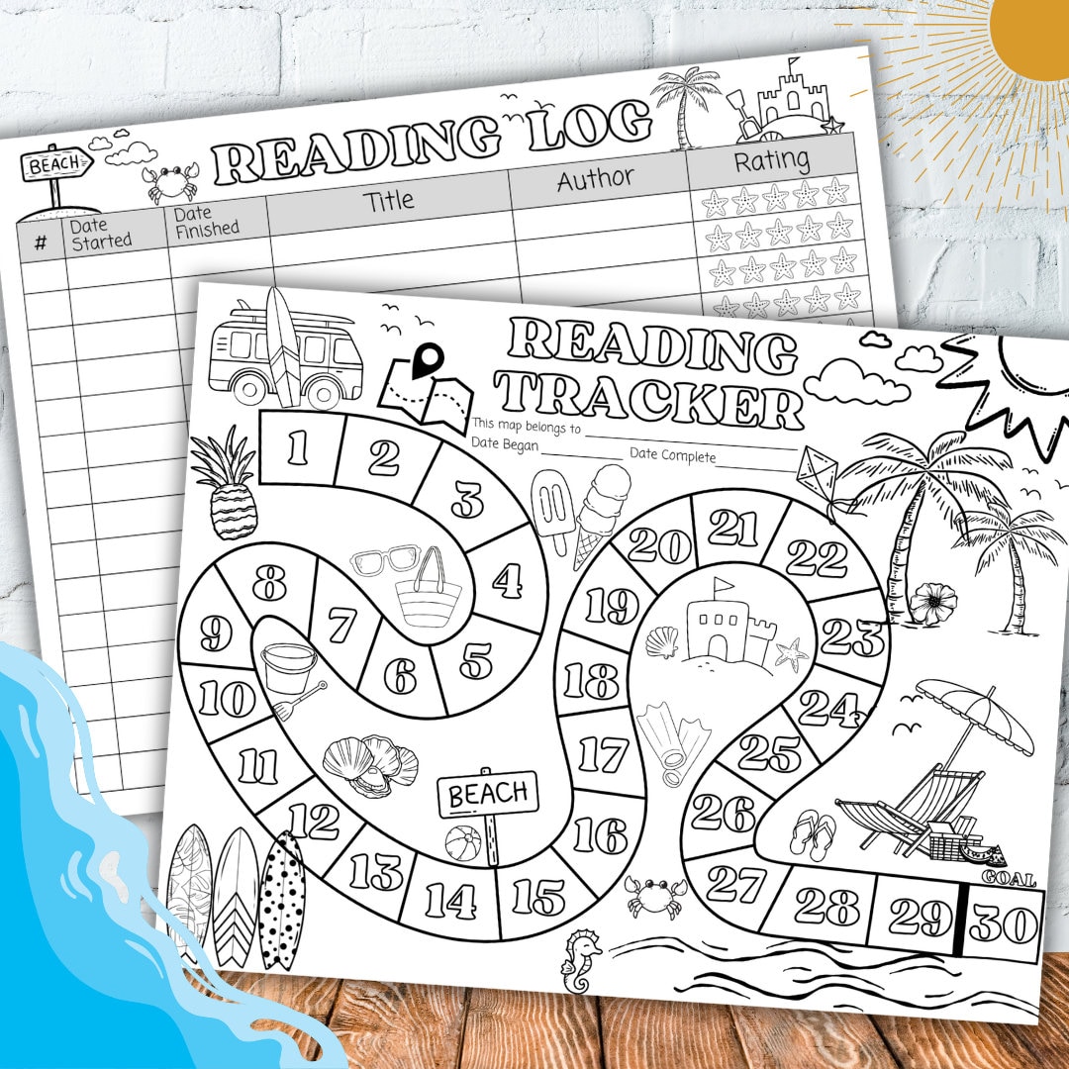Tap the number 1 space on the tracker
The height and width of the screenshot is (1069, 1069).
pyautogui.click(x=298, y=448)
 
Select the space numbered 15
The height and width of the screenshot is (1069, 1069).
pyautogui.click(x=538, y=896)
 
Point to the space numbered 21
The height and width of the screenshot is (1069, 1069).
pyautogui.click(x=733, y=529)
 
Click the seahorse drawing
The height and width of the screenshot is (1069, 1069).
pyautogui.click(x=581, y=960)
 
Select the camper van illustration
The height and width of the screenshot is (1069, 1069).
pyautogui.click(x=285, y=350)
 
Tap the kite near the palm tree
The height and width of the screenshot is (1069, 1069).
pyautogui.click(x=817, y=474)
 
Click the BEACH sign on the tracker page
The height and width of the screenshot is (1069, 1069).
pyautogui.click(x=488, y=793)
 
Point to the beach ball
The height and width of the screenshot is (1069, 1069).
pyautogui.click(x=462, y=844)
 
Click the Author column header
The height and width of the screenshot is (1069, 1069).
pyautogui.click(x=596, y=179)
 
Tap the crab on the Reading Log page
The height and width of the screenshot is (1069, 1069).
pyautogui.click(x=169, y=183)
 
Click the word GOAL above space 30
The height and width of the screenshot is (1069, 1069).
pyautogui.click(x=1008, y=878)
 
